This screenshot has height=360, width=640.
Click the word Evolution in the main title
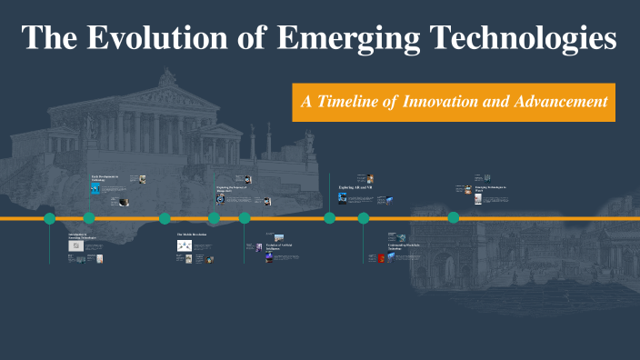click(x=155, y=38)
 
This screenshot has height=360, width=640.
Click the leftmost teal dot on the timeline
click(x=50, y=218)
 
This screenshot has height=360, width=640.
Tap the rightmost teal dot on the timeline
click(x=453, y=217)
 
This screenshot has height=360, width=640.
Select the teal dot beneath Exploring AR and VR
click(x=330, y=218)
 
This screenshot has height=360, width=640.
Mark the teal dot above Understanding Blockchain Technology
click(x=364, y=218)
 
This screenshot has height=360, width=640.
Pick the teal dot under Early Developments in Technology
click(x=89, y=218)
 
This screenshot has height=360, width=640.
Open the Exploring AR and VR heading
click(x=355, y=187)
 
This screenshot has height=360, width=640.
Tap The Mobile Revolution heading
click(x=192, y=235)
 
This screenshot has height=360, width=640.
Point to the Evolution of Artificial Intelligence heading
click(x=281, y=245)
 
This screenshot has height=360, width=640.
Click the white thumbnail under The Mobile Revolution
click(x=185, y=245)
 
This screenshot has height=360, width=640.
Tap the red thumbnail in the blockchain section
click(x=382, y=259)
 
